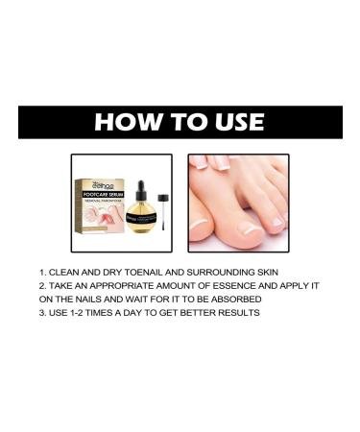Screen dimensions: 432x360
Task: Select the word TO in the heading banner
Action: coord(177,122)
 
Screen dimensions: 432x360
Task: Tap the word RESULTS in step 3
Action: coord(234,313)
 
